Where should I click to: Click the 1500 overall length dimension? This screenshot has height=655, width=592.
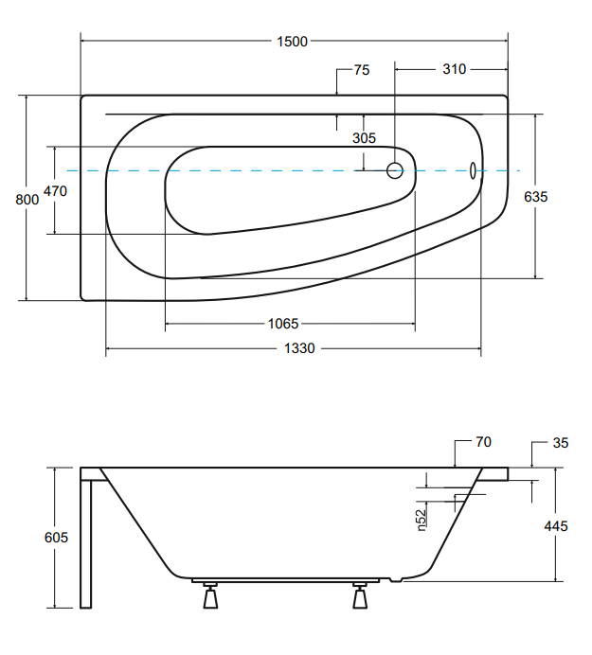[293, 41]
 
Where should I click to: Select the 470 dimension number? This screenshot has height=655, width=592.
[55, 190]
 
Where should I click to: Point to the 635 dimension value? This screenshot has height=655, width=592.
[536, 197]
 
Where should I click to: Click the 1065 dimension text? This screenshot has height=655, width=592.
[283, 324]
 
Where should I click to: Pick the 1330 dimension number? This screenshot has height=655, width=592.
[299, 349]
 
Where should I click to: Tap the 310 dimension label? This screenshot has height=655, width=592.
[454, 69]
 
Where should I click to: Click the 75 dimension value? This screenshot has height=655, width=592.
[361, 69]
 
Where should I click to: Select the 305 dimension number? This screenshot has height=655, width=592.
[364, 137]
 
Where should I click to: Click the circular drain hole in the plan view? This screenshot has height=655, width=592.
[395, 171]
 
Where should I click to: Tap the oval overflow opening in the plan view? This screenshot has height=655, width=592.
[473, 170]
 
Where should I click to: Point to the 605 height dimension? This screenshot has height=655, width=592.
[57, 538]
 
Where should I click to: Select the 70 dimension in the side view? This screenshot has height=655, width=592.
[483, 442]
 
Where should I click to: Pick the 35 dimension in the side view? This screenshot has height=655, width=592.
[560, 442]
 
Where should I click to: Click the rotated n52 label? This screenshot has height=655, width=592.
[421, 519]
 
